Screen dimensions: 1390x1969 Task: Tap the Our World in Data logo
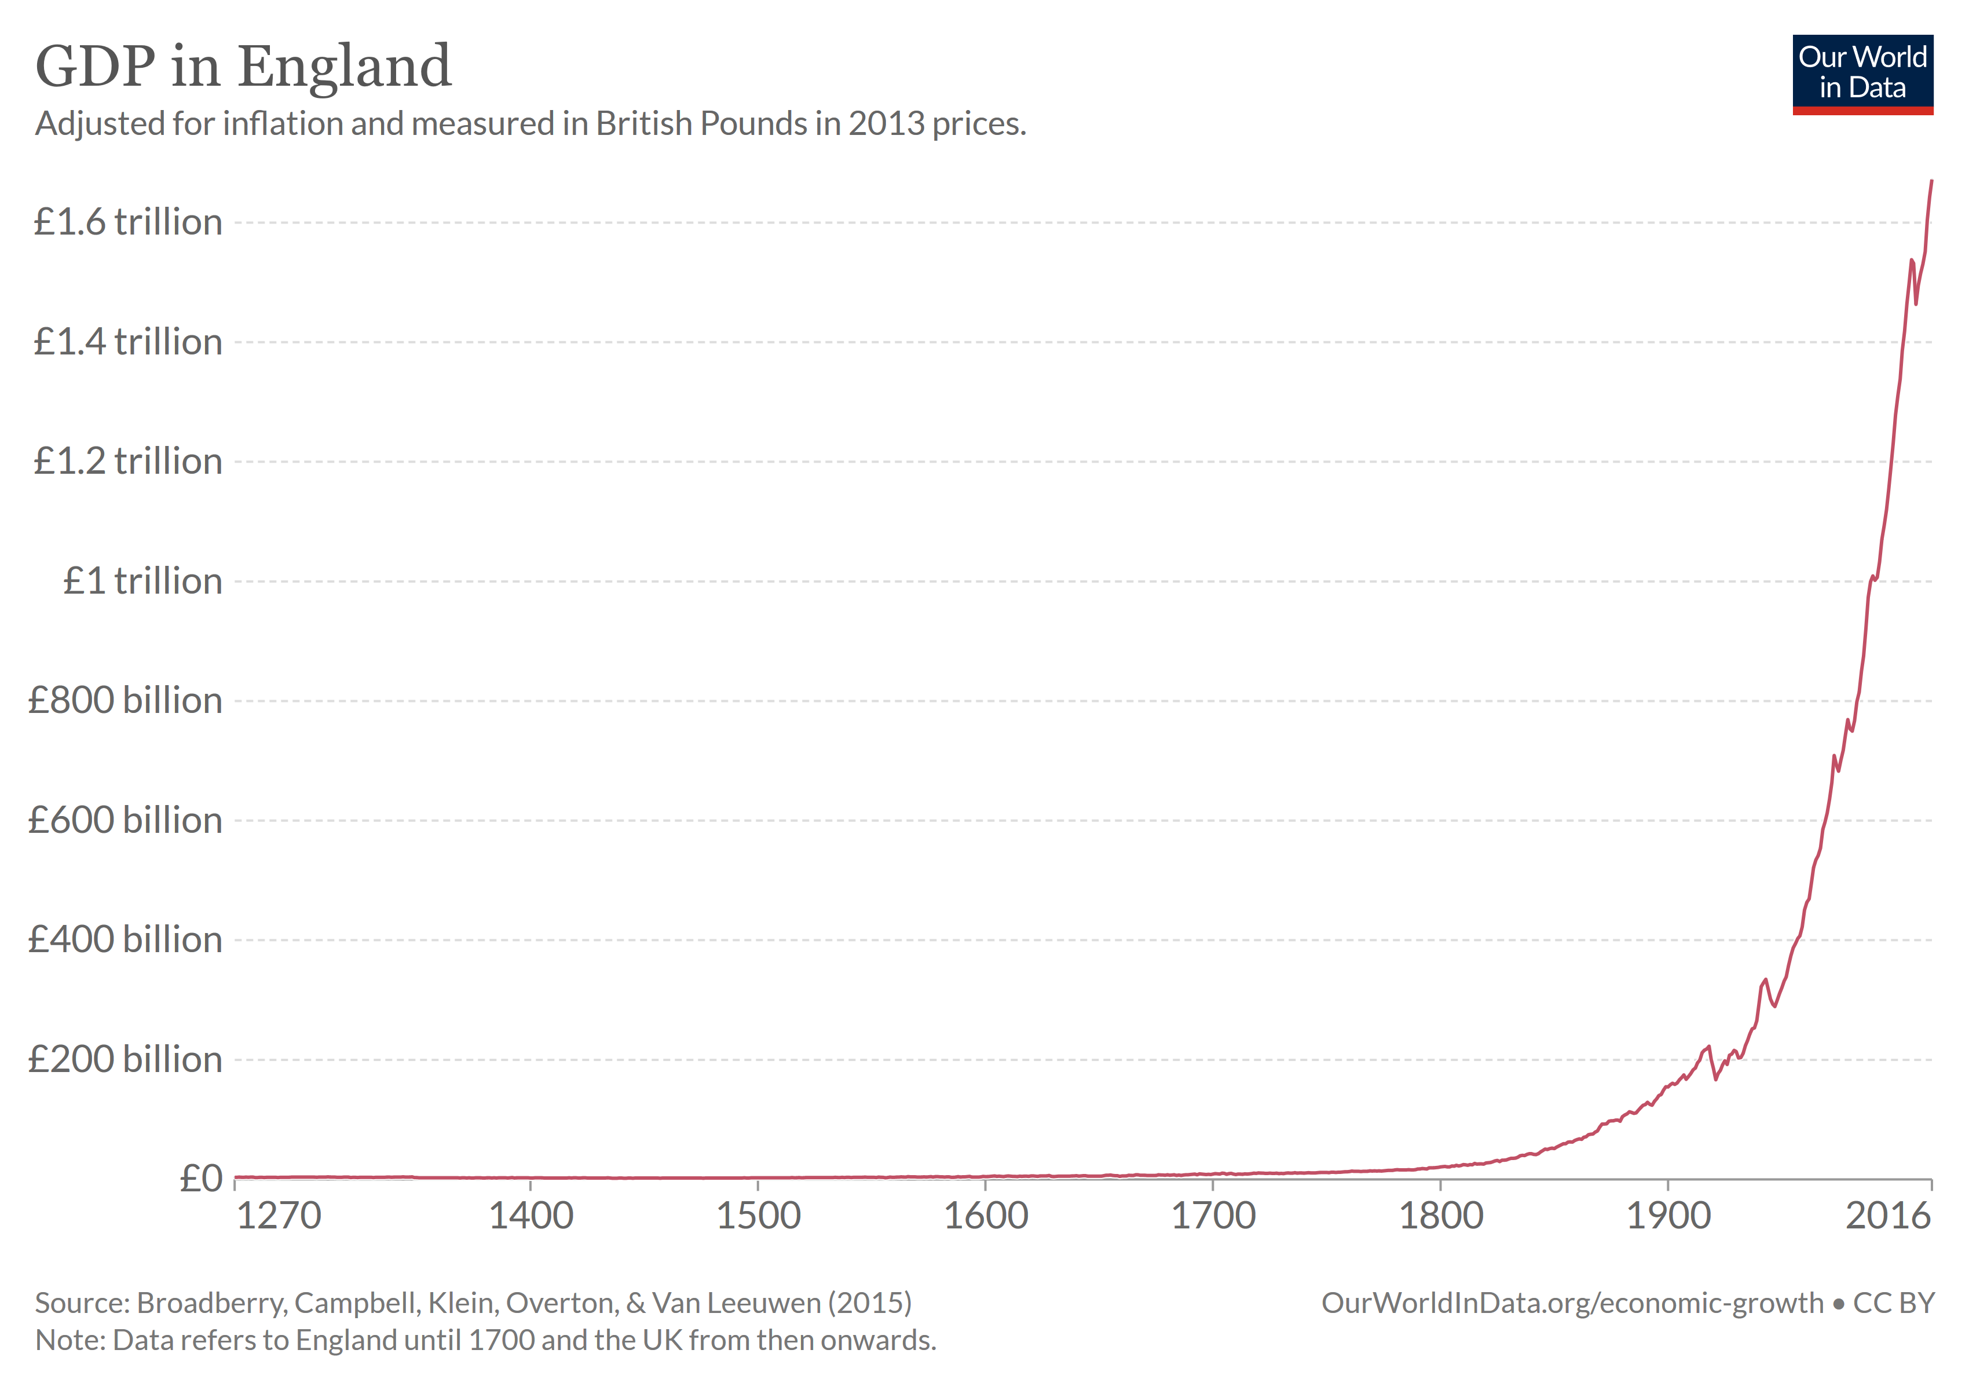[1862, 74]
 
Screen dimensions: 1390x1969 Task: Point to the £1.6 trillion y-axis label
[128, 222]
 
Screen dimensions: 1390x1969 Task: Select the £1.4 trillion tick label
[128, 342]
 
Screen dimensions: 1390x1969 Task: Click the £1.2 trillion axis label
[128, 462]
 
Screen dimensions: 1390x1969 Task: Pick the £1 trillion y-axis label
[142, 581]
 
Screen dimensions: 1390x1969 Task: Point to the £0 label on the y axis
[201, 1179]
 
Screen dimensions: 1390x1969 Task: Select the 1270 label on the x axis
[278, 1216]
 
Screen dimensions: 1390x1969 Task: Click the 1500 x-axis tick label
[758, 1216]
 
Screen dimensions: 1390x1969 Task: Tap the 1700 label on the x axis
[1213, 1216]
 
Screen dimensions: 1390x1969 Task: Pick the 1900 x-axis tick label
[1668, 1216]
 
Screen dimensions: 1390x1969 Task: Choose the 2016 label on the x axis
[1887, 1216]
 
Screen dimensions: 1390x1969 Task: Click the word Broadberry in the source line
[211, 1303]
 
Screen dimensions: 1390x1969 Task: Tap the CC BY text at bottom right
[1894, 1303]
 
